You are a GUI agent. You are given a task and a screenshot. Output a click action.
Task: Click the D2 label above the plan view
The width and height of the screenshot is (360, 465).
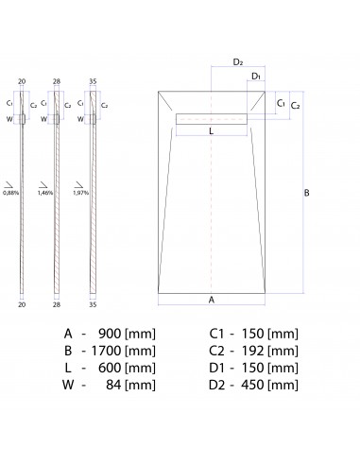[238, 62]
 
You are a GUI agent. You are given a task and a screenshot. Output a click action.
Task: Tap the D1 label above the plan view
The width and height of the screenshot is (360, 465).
[256, 77]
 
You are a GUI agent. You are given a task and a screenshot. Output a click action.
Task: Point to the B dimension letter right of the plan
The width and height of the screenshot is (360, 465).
[306, 193]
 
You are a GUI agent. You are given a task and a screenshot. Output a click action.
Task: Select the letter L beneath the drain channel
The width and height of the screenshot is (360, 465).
[211, 130]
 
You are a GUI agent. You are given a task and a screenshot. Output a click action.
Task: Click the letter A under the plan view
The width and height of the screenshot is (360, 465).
[212, 300]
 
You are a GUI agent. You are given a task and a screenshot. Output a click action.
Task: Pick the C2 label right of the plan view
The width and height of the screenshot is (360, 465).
[295, 106]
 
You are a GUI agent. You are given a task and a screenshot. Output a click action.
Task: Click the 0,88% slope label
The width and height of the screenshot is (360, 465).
[10, 193]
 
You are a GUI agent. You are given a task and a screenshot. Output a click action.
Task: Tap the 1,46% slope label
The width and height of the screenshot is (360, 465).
[45, 193]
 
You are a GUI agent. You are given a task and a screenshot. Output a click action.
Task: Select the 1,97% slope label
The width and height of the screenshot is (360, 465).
[81, 193]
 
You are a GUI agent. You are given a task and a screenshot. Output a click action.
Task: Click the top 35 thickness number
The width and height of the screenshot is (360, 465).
[93, 81]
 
